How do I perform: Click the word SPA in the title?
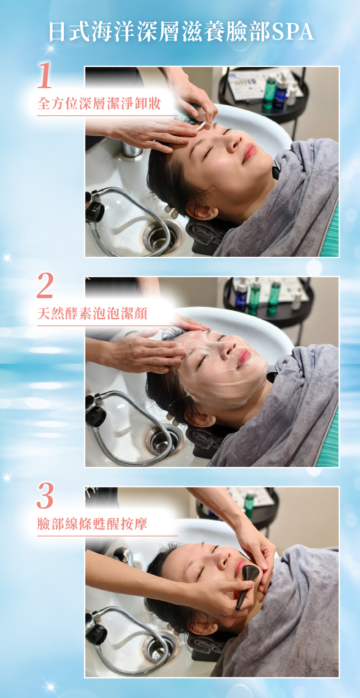293,31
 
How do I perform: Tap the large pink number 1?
44,75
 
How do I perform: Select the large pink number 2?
45,285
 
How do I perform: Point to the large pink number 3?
45,496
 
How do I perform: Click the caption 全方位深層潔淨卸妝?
99,103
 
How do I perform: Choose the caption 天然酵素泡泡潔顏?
92,313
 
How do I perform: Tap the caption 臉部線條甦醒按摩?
92,524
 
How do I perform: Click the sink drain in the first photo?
160,237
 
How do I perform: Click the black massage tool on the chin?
248,583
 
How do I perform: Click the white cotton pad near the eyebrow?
200,126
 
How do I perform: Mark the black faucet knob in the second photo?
95,412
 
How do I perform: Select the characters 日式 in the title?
70,31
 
